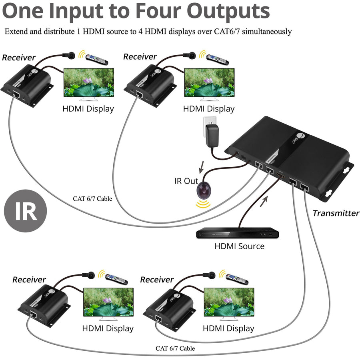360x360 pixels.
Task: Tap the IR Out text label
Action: coord(186,181)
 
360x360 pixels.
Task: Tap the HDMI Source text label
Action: coord(239,246)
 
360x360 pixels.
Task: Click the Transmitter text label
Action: coord(336,213)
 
